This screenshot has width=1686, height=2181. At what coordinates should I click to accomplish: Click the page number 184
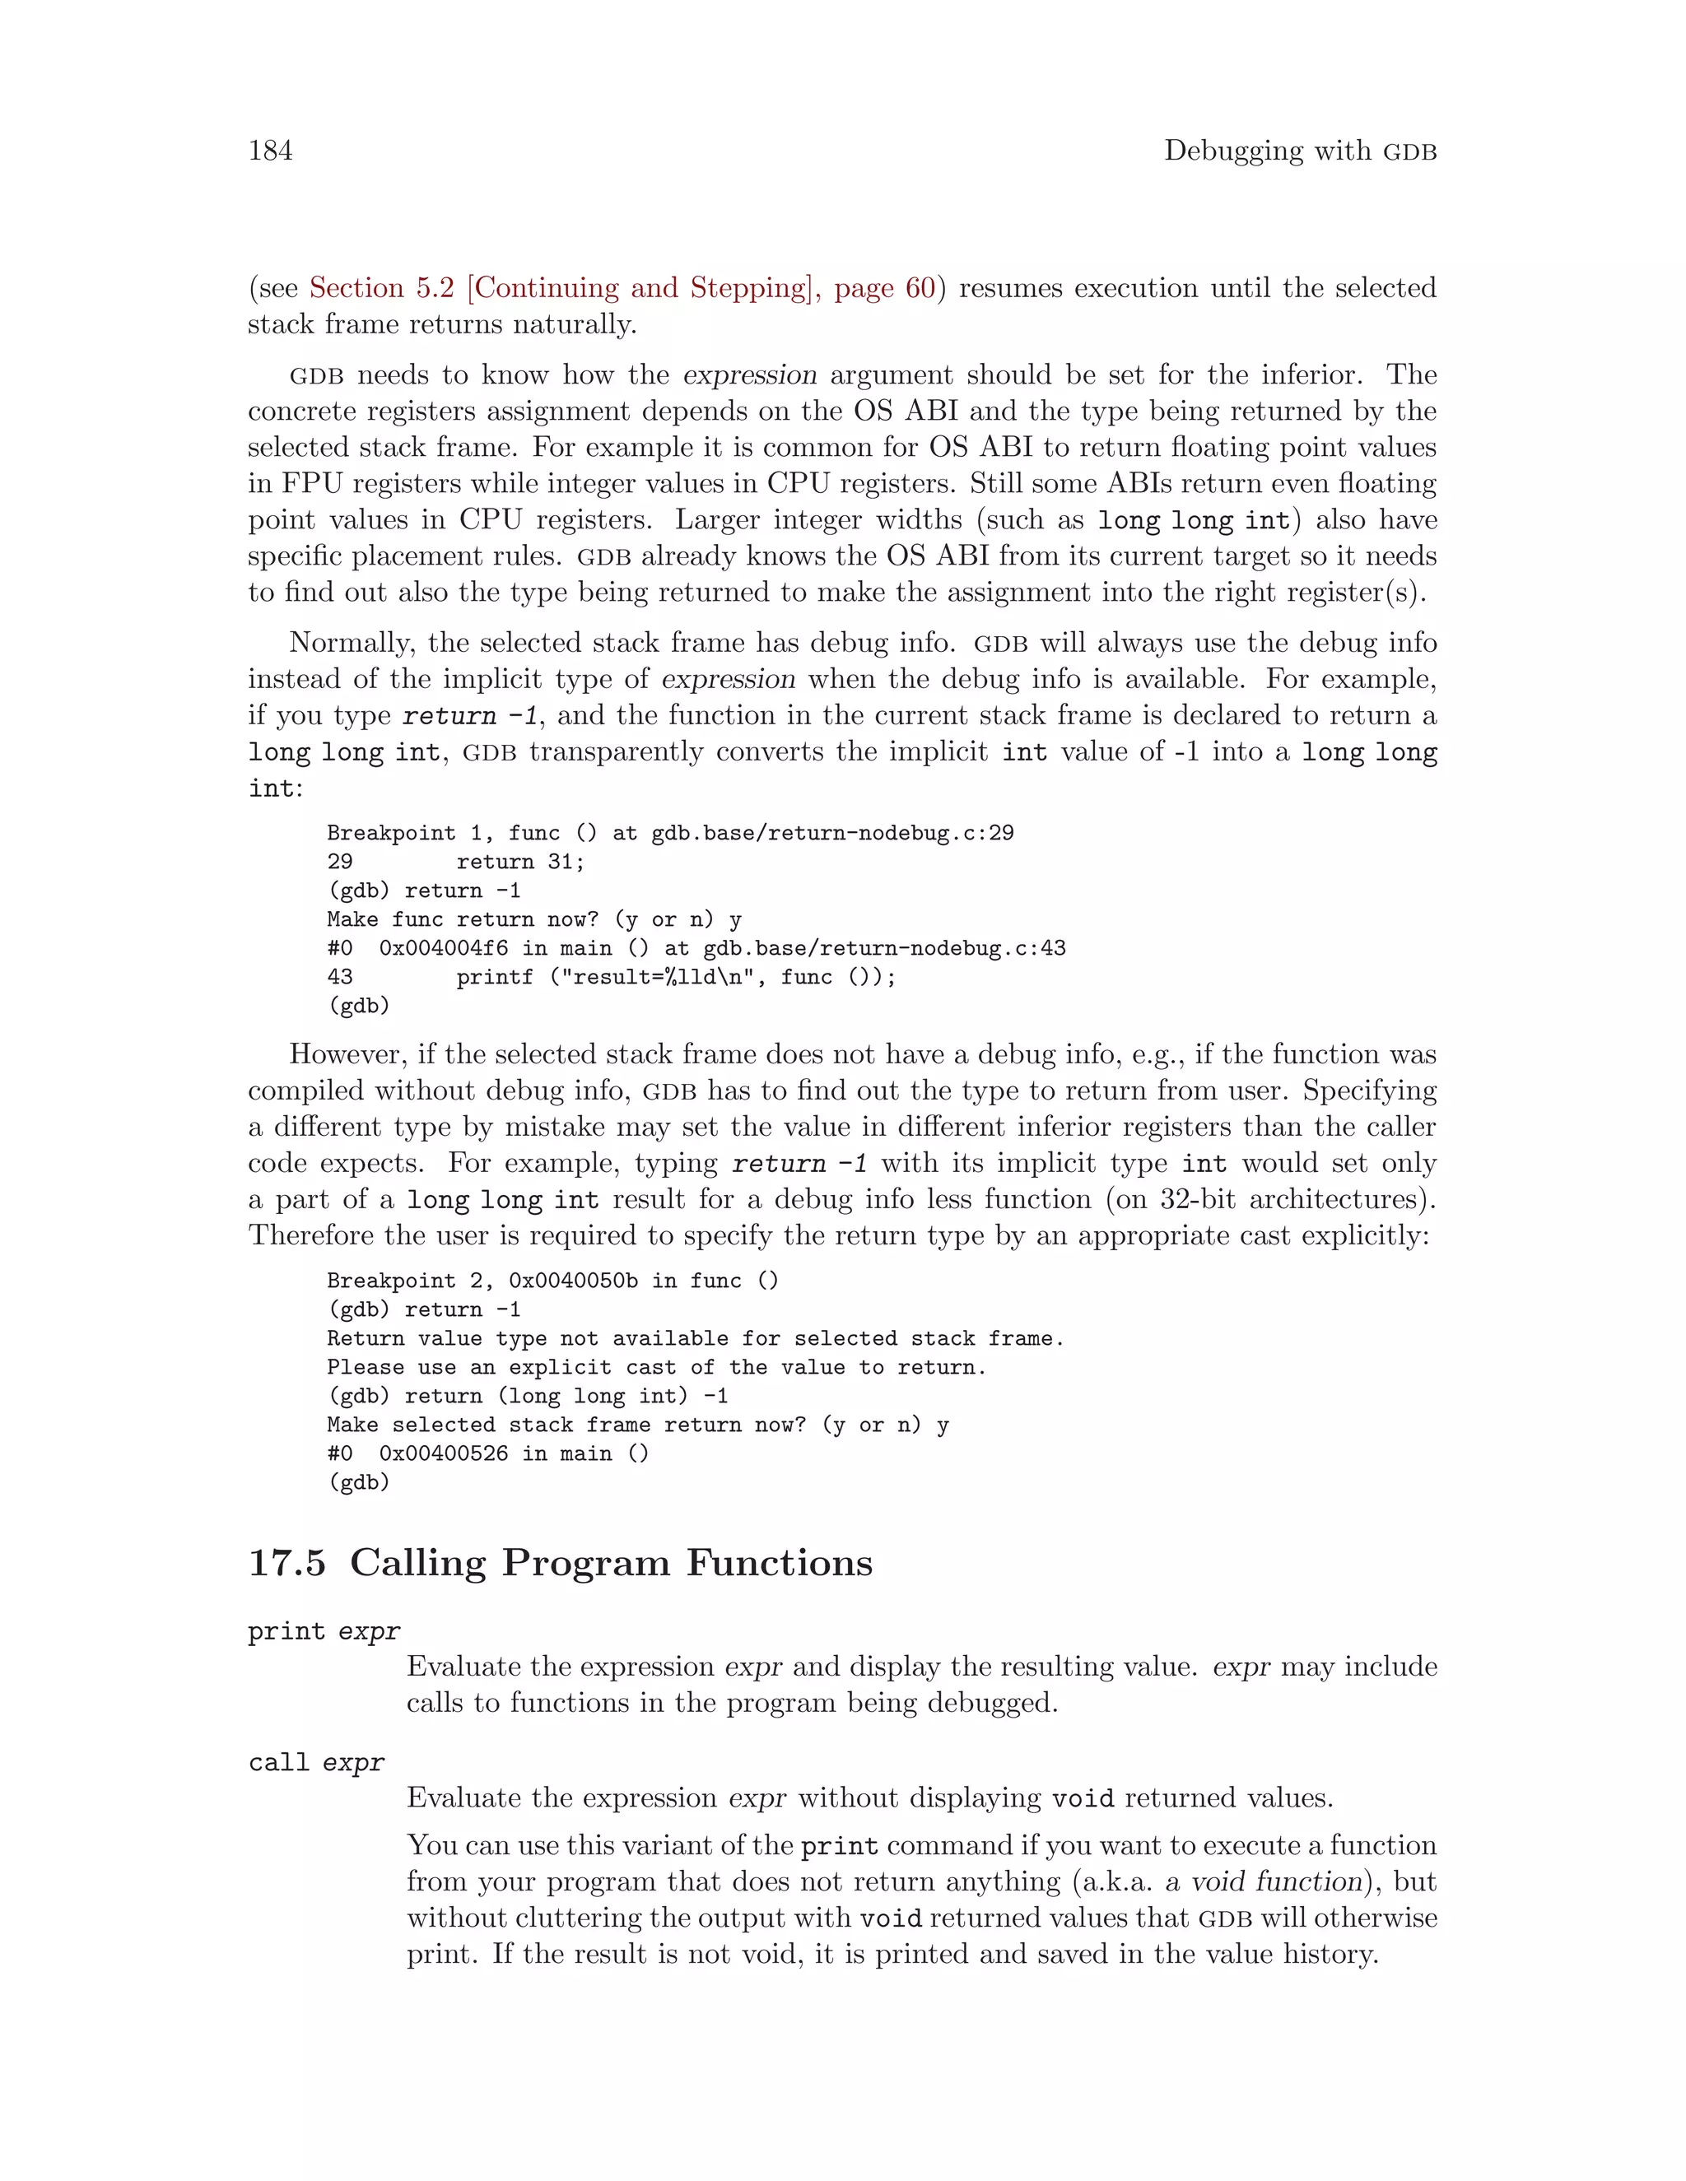(x=270, y=151)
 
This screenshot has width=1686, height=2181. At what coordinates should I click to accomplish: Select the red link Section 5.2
(x=381, y=287)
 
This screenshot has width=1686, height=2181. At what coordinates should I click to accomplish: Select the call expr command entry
(x=315, y=1763)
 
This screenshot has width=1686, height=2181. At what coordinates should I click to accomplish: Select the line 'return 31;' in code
(x=520, y=862)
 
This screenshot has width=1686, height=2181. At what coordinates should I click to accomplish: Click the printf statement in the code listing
(x=675, y=978)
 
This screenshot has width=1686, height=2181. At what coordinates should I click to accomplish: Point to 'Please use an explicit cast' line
(x=655, y=1368)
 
